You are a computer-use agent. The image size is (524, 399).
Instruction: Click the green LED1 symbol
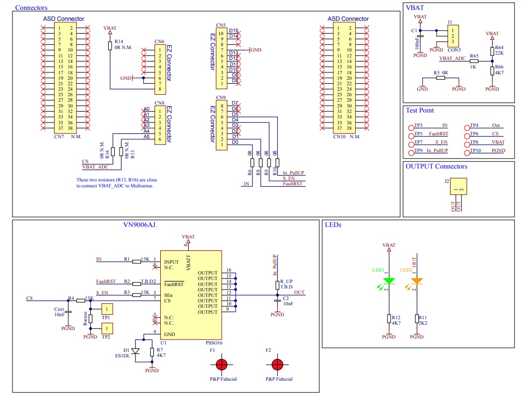(389, 282)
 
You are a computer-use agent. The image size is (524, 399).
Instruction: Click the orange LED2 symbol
(417, 282)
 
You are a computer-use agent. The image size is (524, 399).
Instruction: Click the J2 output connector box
(458, 186)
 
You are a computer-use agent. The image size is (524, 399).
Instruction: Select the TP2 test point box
(107, 328)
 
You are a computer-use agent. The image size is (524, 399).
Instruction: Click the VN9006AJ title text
(139, 225)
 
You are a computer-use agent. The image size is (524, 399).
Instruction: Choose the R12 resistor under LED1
(389, 318)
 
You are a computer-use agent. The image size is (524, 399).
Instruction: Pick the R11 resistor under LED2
(417, 318)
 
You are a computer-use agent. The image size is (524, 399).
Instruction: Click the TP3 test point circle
(411, 127)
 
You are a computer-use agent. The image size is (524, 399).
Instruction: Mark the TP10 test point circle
(467, 151)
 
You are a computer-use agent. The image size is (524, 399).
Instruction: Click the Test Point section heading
(420, 110)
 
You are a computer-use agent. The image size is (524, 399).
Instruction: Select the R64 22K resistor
(492, 51)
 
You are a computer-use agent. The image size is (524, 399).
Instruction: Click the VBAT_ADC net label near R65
(452, 58)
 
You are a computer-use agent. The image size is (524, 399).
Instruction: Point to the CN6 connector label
(159, 42)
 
